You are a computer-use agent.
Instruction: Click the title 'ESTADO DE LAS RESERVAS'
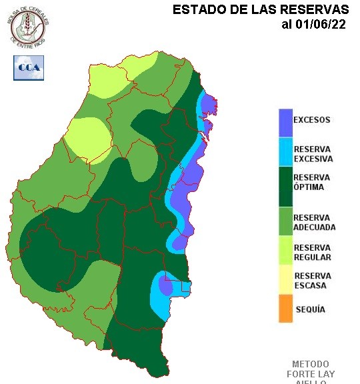261,10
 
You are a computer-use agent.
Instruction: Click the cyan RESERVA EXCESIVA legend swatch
285,153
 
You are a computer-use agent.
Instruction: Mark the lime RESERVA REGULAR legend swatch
285,252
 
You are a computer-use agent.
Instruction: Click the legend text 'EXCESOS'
312,121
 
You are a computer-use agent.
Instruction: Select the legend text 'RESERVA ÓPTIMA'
312,182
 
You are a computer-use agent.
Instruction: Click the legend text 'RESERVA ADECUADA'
315,222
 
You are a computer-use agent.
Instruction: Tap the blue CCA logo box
29,67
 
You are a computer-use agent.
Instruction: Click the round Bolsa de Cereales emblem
29,27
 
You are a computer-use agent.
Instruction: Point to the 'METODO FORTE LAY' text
310,369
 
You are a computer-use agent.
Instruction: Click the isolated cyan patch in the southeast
160,299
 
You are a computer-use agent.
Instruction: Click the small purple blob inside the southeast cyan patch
165,286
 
